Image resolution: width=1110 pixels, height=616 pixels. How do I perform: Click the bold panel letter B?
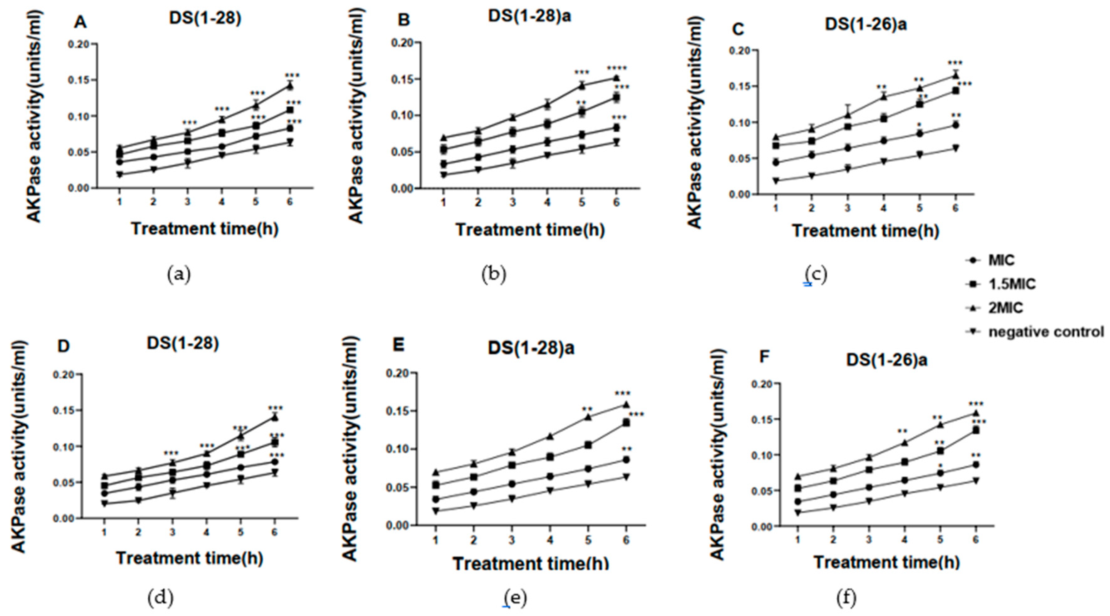(x=404, y=20)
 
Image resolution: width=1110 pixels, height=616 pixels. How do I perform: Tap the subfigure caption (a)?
(x=178, y=274)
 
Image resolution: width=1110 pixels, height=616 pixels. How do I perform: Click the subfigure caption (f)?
(x=846, y=598)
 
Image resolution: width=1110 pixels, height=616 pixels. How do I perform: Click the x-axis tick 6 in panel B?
(x=616, y=202)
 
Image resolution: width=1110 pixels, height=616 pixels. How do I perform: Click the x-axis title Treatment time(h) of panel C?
(x=865, y=231)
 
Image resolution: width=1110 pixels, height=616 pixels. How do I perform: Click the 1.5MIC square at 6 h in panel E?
(x=626, y=423)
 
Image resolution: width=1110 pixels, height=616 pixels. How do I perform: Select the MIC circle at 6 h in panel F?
(x=976, y=465)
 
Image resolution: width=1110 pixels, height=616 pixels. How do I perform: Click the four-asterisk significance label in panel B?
(x=617, y=68)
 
